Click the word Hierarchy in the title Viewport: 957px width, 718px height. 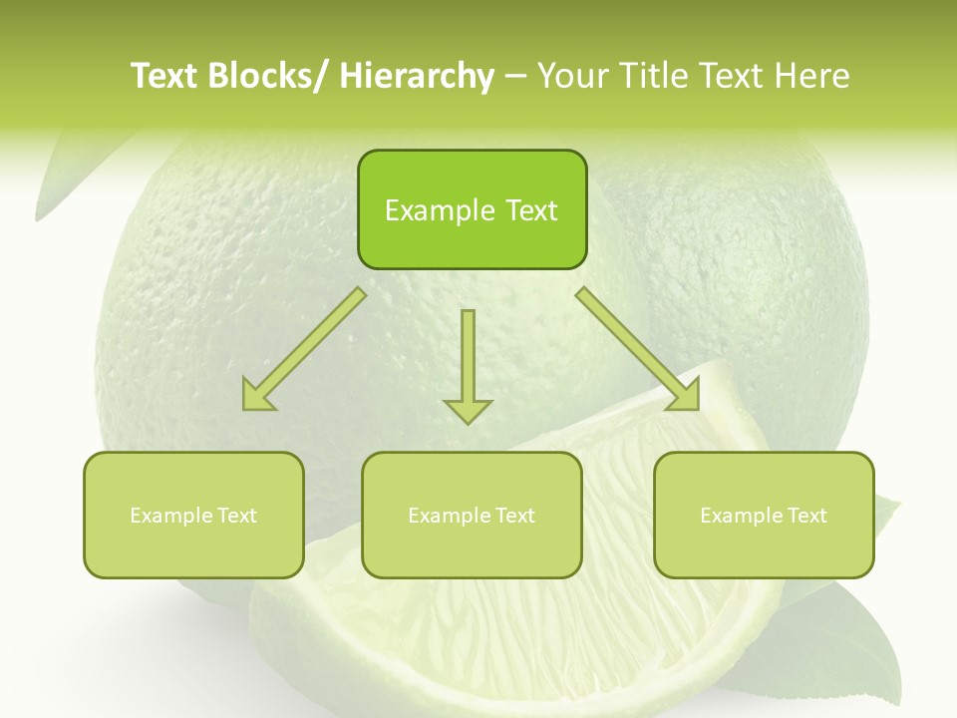[x=417, y=76]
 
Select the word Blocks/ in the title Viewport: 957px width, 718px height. [x=264, y=76]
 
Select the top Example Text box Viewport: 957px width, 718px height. [x=472, y=209]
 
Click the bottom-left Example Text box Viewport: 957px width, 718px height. [x=193, y=516]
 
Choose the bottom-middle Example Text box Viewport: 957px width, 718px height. [x=472, y=516]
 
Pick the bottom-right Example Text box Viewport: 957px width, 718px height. [x=764, y=516]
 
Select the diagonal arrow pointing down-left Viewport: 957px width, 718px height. [x=305, y=349]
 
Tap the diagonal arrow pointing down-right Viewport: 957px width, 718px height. [x=638, y=349]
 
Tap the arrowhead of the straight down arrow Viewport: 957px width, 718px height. [x=468, y=410]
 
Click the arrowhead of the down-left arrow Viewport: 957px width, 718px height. [x=258, y=396]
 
